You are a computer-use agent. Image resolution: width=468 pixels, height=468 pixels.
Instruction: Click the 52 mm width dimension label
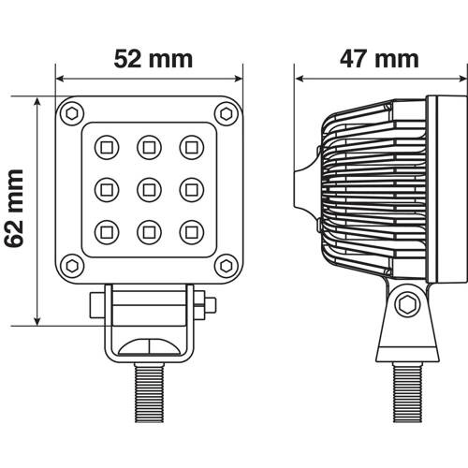tap(153, 59)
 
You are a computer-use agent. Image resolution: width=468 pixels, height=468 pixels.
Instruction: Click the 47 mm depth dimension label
tap(378, 59)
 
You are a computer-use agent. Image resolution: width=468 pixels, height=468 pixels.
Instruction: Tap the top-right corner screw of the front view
tap(225, 114)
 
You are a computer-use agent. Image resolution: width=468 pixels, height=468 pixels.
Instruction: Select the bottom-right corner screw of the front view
tap(225, 266)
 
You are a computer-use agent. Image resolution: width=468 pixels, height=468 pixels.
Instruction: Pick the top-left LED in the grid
tap(105, 146)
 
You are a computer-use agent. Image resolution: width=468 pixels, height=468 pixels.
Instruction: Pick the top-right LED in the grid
tap(192, 146)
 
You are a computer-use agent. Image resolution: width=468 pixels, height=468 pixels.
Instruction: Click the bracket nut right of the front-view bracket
tap(210, 306)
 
